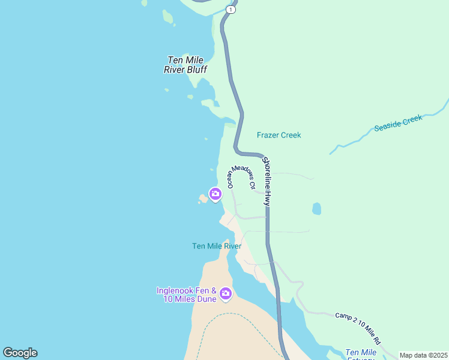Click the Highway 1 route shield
point(231,9)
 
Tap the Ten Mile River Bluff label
point(185,65)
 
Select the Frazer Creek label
point(279,135)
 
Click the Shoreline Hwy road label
point(267,182)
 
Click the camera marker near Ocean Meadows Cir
point(215,194)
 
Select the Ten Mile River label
point(217,246)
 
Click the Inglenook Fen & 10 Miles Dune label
point(187,294)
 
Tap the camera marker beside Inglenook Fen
point(226,293)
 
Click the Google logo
point(20,353)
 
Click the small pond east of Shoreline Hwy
point(316,209)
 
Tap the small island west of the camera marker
point(203,199)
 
